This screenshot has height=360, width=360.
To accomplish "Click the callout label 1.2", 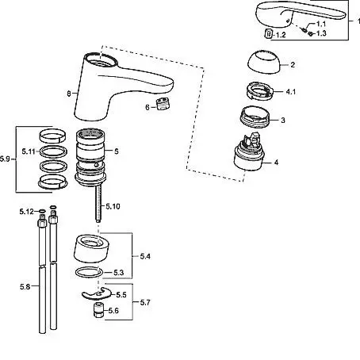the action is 281,35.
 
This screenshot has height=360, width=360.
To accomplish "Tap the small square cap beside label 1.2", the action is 269,34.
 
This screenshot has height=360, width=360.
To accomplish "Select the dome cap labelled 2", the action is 264,62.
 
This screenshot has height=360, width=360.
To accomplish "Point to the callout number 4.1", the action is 291,92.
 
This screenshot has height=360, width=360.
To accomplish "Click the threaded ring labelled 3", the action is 255,117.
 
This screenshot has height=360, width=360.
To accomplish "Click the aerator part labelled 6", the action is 163,103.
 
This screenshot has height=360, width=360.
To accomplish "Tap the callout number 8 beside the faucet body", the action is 69,94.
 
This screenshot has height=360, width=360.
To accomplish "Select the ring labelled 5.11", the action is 53,151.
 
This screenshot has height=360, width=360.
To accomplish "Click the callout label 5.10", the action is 113,206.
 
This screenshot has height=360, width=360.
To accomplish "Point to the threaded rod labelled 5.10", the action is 98,203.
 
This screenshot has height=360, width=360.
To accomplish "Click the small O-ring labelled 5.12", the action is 42,211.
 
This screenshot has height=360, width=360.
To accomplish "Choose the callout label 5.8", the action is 25,286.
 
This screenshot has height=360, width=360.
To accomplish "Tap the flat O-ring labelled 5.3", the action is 89,273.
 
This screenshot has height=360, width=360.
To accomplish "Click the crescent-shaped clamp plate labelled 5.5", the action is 97,293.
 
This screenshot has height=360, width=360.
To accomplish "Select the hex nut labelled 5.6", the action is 98,310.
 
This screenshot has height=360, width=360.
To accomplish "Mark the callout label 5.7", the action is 145,302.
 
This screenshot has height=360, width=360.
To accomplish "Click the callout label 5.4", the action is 145,256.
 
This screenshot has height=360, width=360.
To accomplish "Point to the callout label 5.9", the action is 5,159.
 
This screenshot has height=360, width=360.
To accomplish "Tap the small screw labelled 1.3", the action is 311,33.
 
